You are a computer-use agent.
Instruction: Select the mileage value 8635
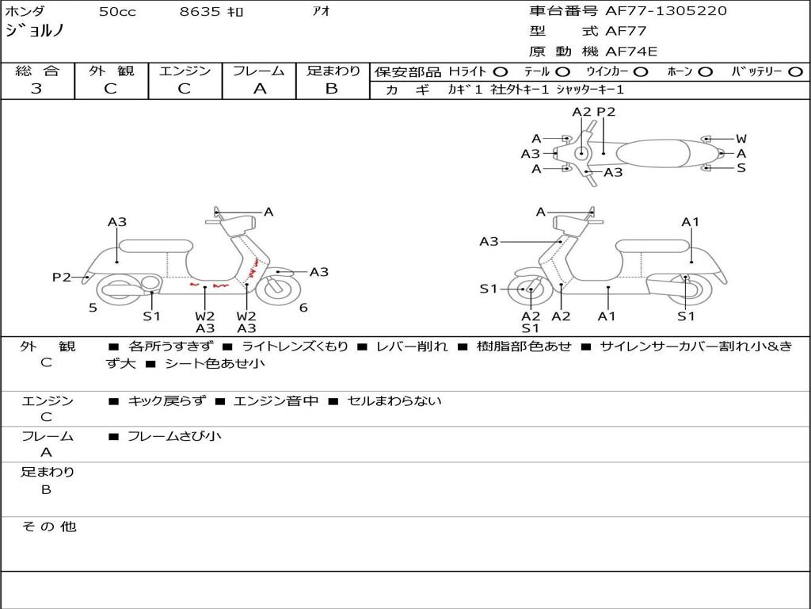pos(201,12)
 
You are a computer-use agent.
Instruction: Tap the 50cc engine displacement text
pos(117,12)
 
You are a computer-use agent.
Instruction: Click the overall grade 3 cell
pos(36,89)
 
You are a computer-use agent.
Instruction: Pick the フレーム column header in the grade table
pos(259,71)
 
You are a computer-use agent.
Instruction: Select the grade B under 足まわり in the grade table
pos(332,89)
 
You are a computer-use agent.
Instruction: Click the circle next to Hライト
pos(501,72)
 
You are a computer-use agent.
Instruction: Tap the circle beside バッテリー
pos(795,72)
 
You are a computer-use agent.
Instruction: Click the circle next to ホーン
pos(705,72)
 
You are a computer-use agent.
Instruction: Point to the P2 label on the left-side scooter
pos(61,277)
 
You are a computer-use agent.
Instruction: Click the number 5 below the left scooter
pos(93,308)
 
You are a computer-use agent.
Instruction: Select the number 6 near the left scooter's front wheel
pos(303,308)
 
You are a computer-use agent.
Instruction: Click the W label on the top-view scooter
pos(741,139)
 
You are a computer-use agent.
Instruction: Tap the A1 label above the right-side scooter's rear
pos(691,222)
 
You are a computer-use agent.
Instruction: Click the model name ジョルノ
pos(35,32)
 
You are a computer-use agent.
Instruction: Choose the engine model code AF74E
pos(631,52)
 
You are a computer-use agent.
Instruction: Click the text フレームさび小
pos(174,436)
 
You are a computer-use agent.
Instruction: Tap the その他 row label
pos(48,527)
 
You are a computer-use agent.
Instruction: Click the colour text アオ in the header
pos(322,12)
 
